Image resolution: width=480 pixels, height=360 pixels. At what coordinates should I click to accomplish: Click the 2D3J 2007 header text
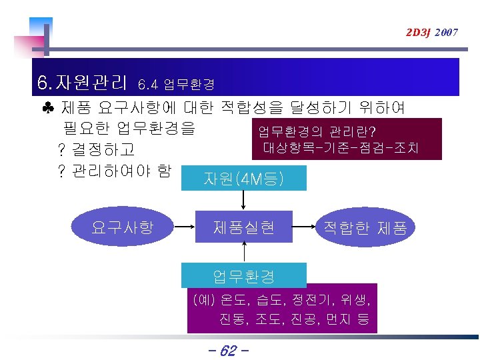(x=431, y=32)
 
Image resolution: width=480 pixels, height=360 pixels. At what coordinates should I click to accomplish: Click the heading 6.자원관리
(x=83, y=83)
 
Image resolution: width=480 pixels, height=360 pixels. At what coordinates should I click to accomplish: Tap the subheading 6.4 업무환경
(x=175, y=85)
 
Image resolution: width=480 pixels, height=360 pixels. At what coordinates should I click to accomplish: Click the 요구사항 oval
(x=123, y=227)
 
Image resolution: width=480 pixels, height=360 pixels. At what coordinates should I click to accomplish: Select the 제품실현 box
(x=244, y=227)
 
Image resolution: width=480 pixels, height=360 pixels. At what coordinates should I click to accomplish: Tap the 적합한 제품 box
(x=365, y=228)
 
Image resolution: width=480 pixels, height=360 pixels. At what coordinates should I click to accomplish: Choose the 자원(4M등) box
(x=245, y=179)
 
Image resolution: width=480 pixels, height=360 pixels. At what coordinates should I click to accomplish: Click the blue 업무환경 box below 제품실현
(x=244, y=275)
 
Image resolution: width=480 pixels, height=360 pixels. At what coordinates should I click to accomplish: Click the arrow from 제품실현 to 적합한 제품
(x=304, y=228)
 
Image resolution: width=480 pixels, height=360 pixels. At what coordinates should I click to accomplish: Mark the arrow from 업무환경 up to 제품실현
(x=244, y=252)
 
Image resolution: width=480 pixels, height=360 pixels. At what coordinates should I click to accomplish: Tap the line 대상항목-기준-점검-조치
(x=341, y=147)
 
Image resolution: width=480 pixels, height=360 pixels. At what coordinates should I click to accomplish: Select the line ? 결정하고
(x=97, y=148)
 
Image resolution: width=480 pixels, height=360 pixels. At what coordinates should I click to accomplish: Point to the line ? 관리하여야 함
(x=114, y=171)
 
